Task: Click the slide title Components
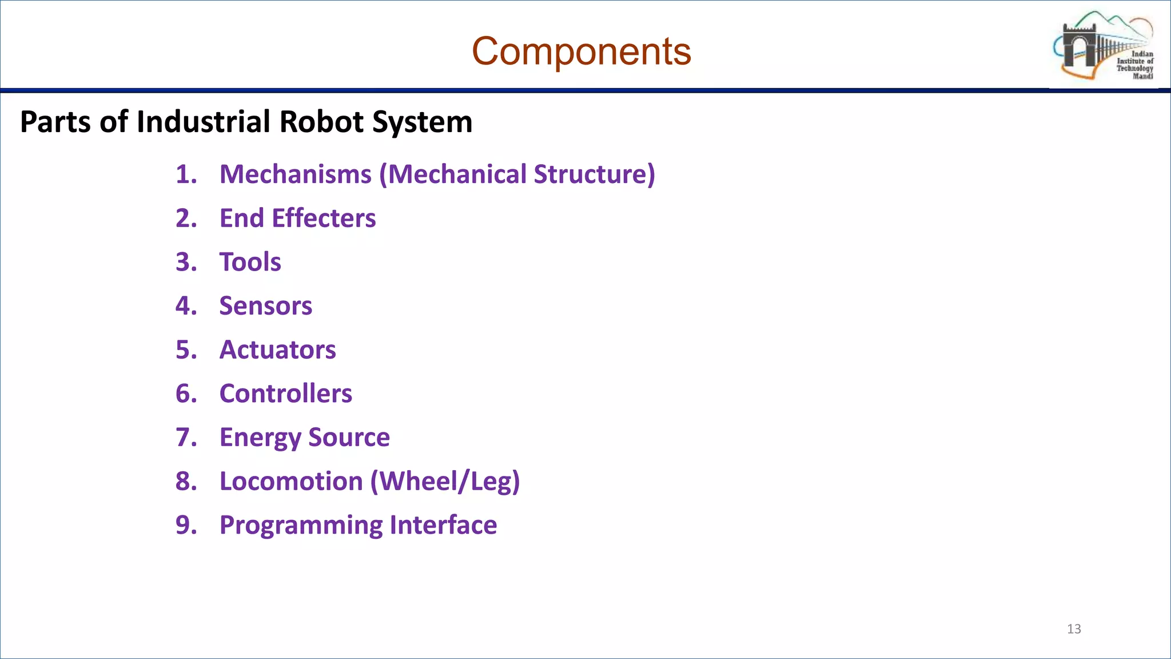[581, 51]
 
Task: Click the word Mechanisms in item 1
[295, 174]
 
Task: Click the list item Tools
[250, 263]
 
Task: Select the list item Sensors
[265, 306]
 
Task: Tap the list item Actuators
[277, 350]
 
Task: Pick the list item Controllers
[285, 394]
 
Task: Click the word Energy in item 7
[260, 438]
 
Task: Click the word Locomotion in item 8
[291, 482]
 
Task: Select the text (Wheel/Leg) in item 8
[445, 482]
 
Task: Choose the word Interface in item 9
[443, 525]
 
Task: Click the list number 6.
[186, 394]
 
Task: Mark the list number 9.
[186, 525]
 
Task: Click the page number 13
[1074, 629]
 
